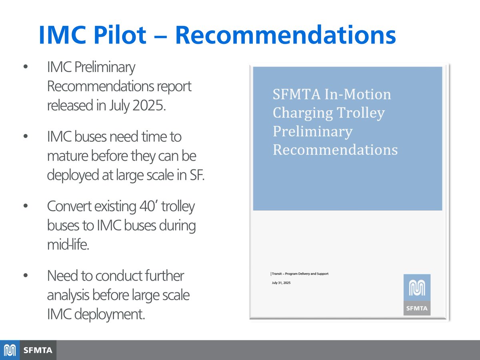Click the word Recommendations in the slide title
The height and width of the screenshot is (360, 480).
285,35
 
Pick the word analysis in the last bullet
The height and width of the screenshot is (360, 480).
68,295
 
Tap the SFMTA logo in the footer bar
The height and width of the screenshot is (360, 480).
28,350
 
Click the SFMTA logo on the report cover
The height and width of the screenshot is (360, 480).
417,294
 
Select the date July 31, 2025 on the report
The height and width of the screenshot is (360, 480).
281,283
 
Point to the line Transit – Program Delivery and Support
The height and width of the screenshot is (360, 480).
300,274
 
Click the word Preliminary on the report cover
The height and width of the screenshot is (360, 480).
312,131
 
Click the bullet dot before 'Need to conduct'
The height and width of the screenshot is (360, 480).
26,276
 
